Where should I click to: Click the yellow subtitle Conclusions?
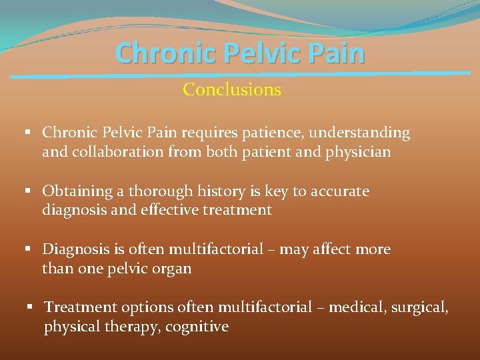coord(232,89)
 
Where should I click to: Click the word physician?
coord(357,152)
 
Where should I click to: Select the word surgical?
coord(421,307)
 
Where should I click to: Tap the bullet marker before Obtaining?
coord(29,191)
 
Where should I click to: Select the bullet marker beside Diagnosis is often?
coord(29,249)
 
